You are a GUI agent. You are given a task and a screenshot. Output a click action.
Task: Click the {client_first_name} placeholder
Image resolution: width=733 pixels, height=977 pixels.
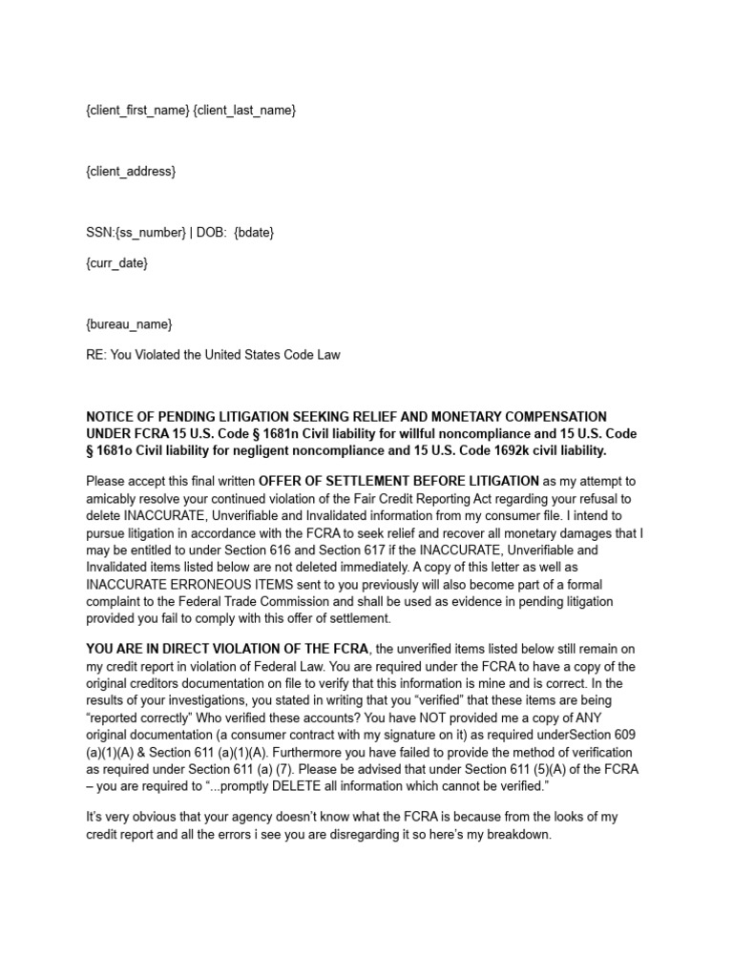pyautogui.click(x=136, y=111)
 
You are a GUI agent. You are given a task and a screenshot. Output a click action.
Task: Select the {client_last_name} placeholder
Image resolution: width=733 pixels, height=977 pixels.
pyautogui.click(x=244, y=111)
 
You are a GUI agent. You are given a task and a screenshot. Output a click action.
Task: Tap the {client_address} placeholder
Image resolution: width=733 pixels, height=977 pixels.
pyautogui.click(x=131, y=172)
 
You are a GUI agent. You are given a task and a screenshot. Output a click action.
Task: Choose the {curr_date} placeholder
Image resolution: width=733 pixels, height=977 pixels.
pyautogui.click(x=117, y=262)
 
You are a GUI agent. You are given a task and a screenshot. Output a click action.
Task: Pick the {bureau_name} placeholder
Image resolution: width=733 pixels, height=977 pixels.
pyautogui.click(x=129, y=324)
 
